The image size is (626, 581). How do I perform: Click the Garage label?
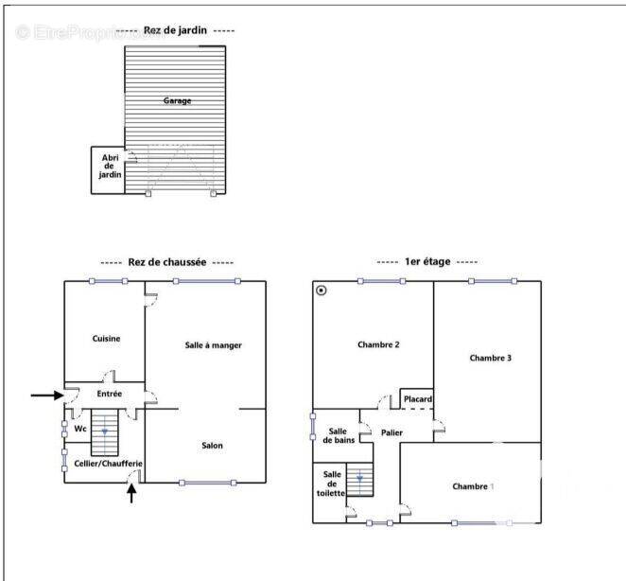click(x=177, y=100)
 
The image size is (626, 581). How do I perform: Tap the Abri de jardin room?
click(x=108, y=170)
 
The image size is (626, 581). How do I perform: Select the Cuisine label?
click(x=106, y=339)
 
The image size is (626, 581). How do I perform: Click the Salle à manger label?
click(x=213, y=345)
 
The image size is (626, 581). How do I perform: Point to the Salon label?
click(x=212, y=445)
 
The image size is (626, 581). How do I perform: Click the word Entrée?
click(x=110, y=394)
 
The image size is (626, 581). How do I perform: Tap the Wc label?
click(x=80, y=429)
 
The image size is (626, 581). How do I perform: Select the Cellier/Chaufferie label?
click(x=108, y=464)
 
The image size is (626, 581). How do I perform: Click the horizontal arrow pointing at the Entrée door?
click(x=47, y=396)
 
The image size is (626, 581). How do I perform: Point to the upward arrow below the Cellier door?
click(x=131, y=493)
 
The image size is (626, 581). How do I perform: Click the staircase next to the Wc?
click(x=105, y=432)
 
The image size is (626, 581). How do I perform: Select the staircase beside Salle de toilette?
click(x=359, y=480)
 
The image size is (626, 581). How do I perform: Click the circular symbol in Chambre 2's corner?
click(x=322, y=290)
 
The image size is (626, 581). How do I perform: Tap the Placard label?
click(x=418, y=398)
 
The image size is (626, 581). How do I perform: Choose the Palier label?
click(x=391, y=432)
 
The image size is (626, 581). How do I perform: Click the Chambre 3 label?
click(x=490, y=358)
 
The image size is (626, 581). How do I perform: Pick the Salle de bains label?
click(x=339, y=435)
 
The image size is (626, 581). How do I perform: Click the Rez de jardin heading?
click(x=175, y=30)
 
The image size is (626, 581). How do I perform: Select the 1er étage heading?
click(x=427, y=262)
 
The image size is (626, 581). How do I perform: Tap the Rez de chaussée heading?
click(x=167, y=262)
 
